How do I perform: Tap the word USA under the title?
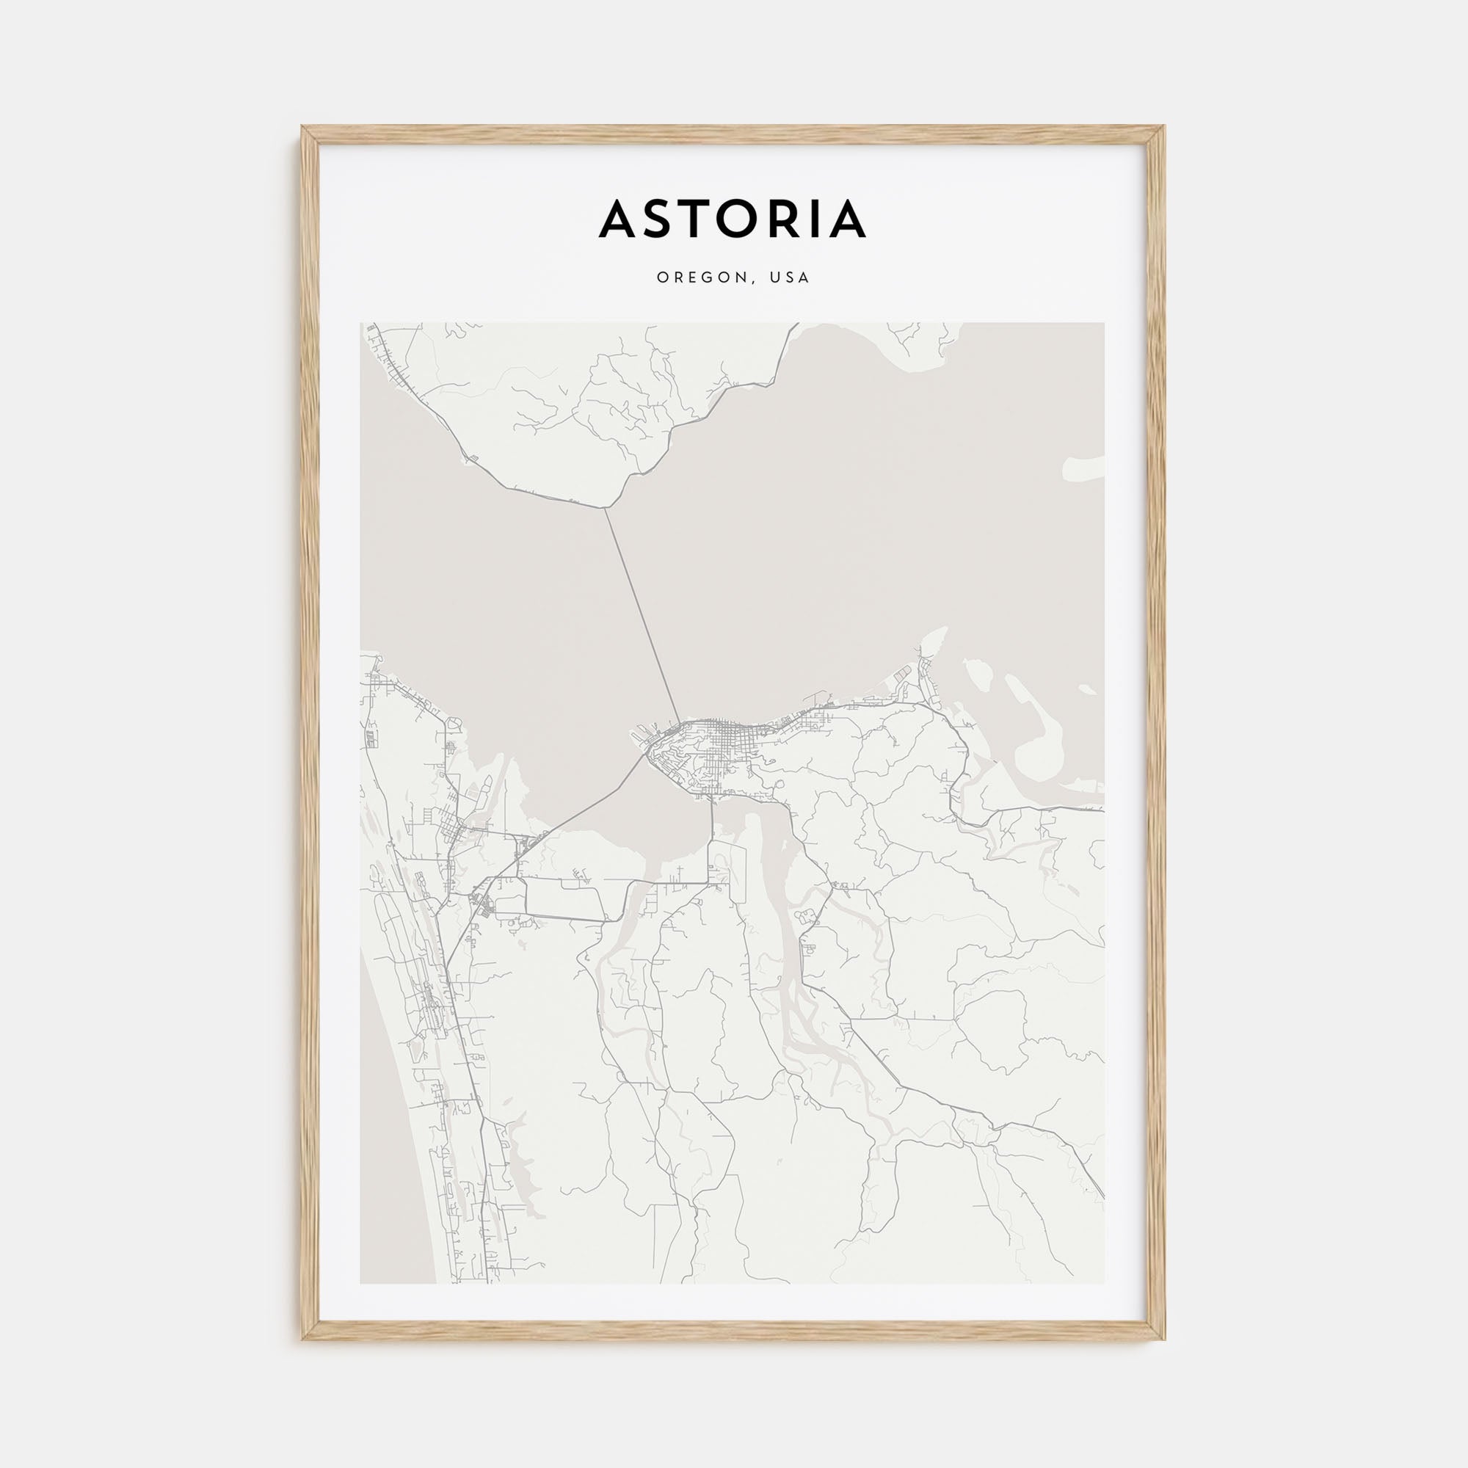pyautogui.click(x=790, y=278)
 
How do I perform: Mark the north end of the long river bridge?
pyautogui.click(x=606, y=509)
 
